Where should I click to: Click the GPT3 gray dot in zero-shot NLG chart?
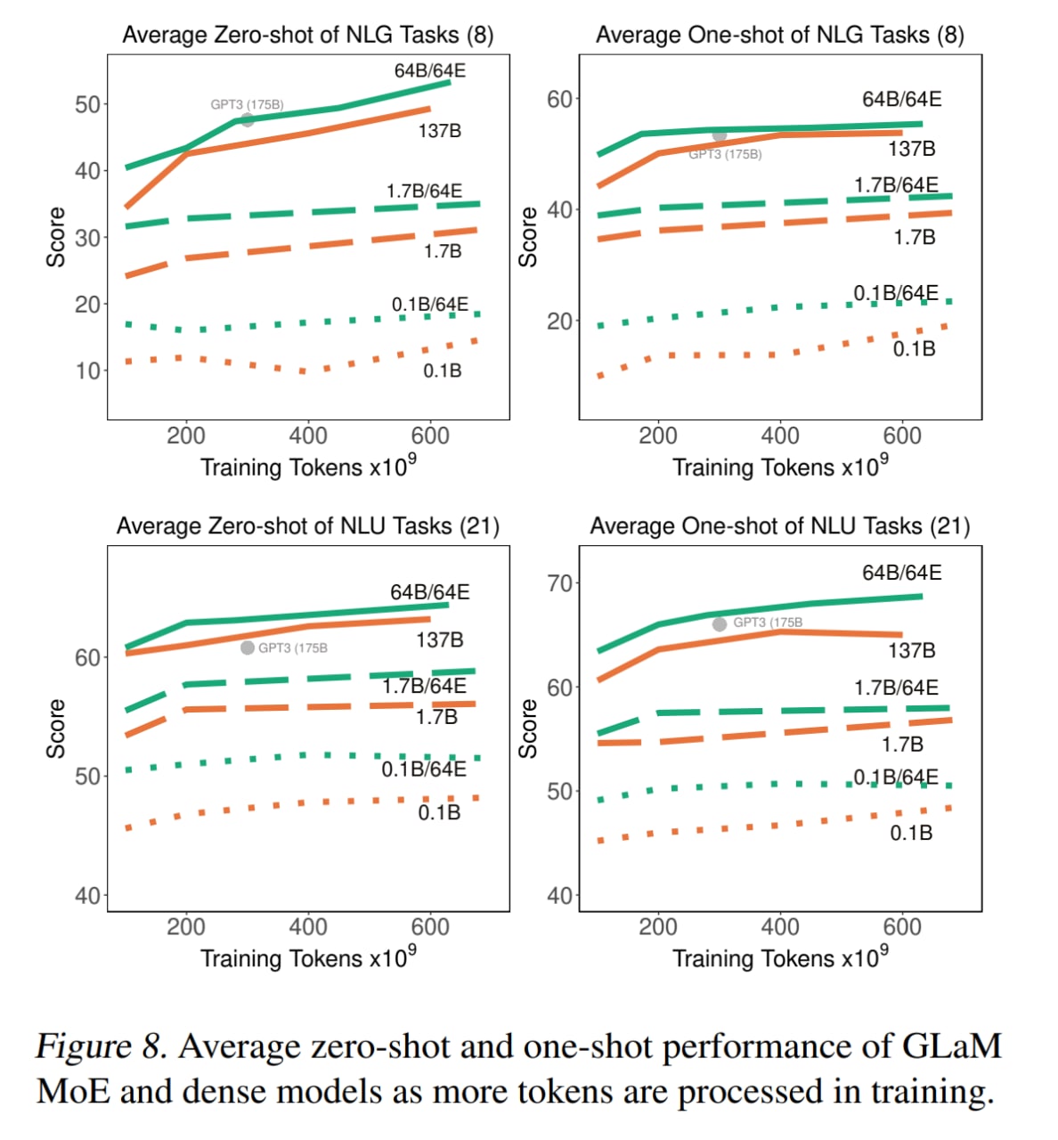pyautogui.click(x=248, y=119)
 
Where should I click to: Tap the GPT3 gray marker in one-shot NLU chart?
pyautogui.click(x=720, y=624)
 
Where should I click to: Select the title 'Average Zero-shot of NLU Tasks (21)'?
pyautogui.click(x=308, y=526)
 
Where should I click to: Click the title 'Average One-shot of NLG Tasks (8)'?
pyautogui.click(x=779, y=35)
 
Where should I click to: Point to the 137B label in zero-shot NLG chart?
pyautogui.click(x=440, y=131)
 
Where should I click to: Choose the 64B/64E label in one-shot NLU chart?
pyautogui.click(x=901, y=573)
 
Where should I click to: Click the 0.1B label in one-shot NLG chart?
pyautogui.click(x=915, y=349)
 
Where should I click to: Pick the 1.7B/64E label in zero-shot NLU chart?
pyautogui.click(x=424, y=686)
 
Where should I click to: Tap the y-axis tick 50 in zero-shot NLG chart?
pyautogui.click(x=87, y=104)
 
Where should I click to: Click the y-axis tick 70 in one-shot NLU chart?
pyautogui.click(x=559, y=583)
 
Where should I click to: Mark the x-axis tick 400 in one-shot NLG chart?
pyautogui.click(x=780, y=436)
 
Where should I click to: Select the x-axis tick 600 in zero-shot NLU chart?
pyautogui.click(x=430, y=927)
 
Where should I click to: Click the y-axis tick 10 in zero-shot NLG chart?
pyautogui.click(x=87, y=370)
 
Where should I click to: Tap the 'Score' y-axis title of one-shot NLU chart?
pyautogui.click(x=528, y=729)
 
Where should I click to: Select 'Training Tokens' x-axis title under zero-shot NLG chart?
pyautogui.click(x=281, y=468)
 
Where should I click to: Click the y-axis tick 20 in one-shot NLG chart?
pyautogui.click(x=559, y=322)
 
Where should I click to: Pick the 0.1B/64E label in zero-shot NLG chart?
pyautogui.click(x=429, y=305)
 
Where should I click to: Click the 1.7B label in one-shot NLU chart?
pyautogui.click(x=902, y=745)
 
